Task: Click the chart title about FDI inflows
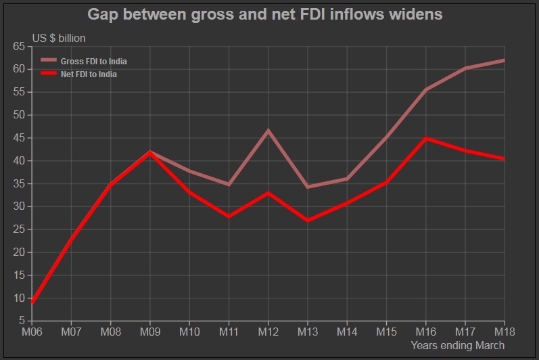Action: click(x=265, y=15)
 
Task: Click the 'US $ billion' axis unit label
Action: click(x=60, y=39)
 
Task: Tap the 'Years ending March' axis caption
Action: click(x=457, y=346)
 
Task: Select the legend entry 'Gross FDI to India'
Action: click(x=93, y=62)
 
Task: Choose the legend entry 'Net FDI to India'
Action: click(x=89, y=74)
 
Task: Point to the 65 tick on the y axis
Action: click(x=18, y=46)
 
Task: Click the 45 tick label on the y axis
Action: click(x=18, y=138)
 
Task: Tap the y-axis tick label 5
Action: click(x=22, y=321)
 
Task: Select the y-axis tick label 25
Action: click(x=18, y=229)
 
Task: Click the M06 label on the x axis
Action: click(x=32, y=332)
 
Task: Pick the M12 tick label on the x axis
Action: click(x=268, y=332)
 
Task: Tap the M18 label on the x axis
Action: click(x=505, y=332)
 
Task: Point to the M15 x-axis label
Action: click(x=386, y=332)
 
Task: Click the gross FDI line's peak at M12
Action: click(x=268, y=130)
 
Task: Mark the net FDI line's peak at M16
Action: click(x=426, y=139)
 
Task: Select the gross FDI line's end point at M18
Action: click(x=504, y=60)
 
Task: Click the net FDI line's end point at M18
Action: click(x=504, y=159)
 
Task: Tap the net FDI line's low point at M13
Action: click(x=308, y=221)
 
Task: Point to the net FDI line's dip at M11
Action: click(x=229, y=217)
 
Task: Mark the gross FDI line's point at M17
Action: click(x=465, y=68)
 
